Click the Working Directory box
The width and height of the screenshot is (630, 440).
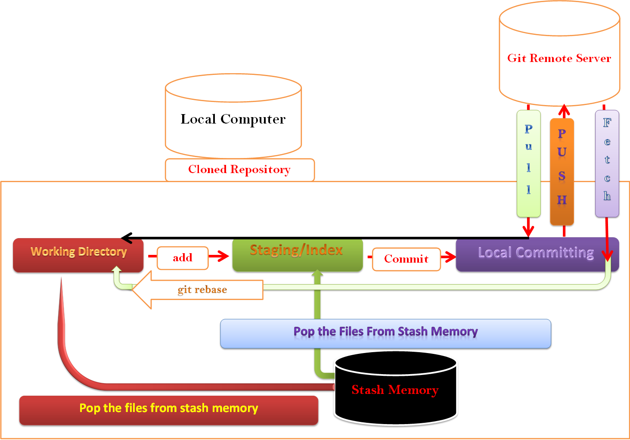pos(78,255)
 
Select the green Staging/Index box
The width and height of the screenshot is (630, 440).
pos(297,255)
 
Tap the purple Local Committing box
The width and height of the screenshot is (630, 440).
pos(536,254)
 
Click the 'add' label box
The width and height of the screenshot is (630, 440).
pos(183,258)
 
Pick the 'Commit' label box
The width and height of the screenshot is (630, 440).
pos(406,259)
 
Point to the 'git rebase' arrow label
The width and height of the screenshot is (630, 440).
pos(202,290)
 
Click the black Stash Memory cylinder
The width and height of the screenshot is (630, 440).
pos(395,390)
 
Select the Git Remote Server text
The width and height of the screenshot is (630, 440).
pos(559,58)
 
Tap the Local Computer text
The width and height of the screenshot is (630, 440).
pos(233,119)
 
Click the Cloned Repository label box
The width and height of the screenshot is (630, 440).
pos(240,170)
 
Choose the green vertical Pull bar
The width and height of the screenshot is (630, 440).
pos(528,164)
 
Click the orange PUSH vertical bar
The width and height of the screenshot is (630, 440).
pos(562,171)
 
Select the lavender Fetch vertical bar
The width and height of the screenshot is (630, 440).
pos(607,164)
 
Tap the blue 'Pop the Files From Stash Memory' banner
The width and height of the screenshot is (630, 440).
pos(385,333)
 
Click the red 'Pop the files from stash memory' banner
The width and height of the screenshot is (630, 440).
pos(169,409)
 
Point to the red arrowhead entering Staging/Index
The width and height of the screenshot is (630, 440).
pos(223,256)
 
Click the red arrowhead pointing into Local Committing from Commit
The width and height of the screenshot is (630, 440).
pos(450,257)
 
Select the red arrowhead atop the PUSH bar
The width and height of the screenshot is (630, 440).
pos(564,110)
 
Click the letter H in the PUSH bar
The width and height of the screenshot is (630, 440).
pos(562,200)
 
